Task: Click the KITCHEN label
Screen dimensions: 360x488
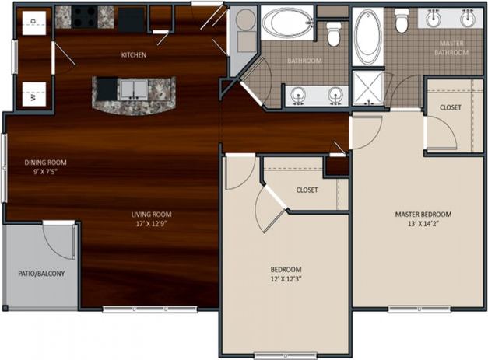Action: pyautogui.click(x=134, y=55)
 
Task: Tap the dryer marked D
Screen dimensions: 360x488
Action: pyautogui.click(x=33, y=21)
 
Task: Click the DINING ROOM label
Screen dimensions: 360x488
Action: pyautogui.click(x=46, y=163)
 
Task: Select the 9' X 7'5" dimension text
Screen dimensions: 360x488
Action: pyautogui.click(x=46, y=172)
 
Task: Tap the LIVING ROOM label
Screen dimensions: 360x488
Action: pyautogui.click(x=151, y=215)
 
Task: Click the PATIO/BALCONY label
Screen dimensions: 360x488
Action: pyautogui.click(x=41, y=274)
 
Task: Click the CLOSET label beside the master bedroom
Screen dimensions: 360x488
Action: pyautogui.click(x=450, y=107)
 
